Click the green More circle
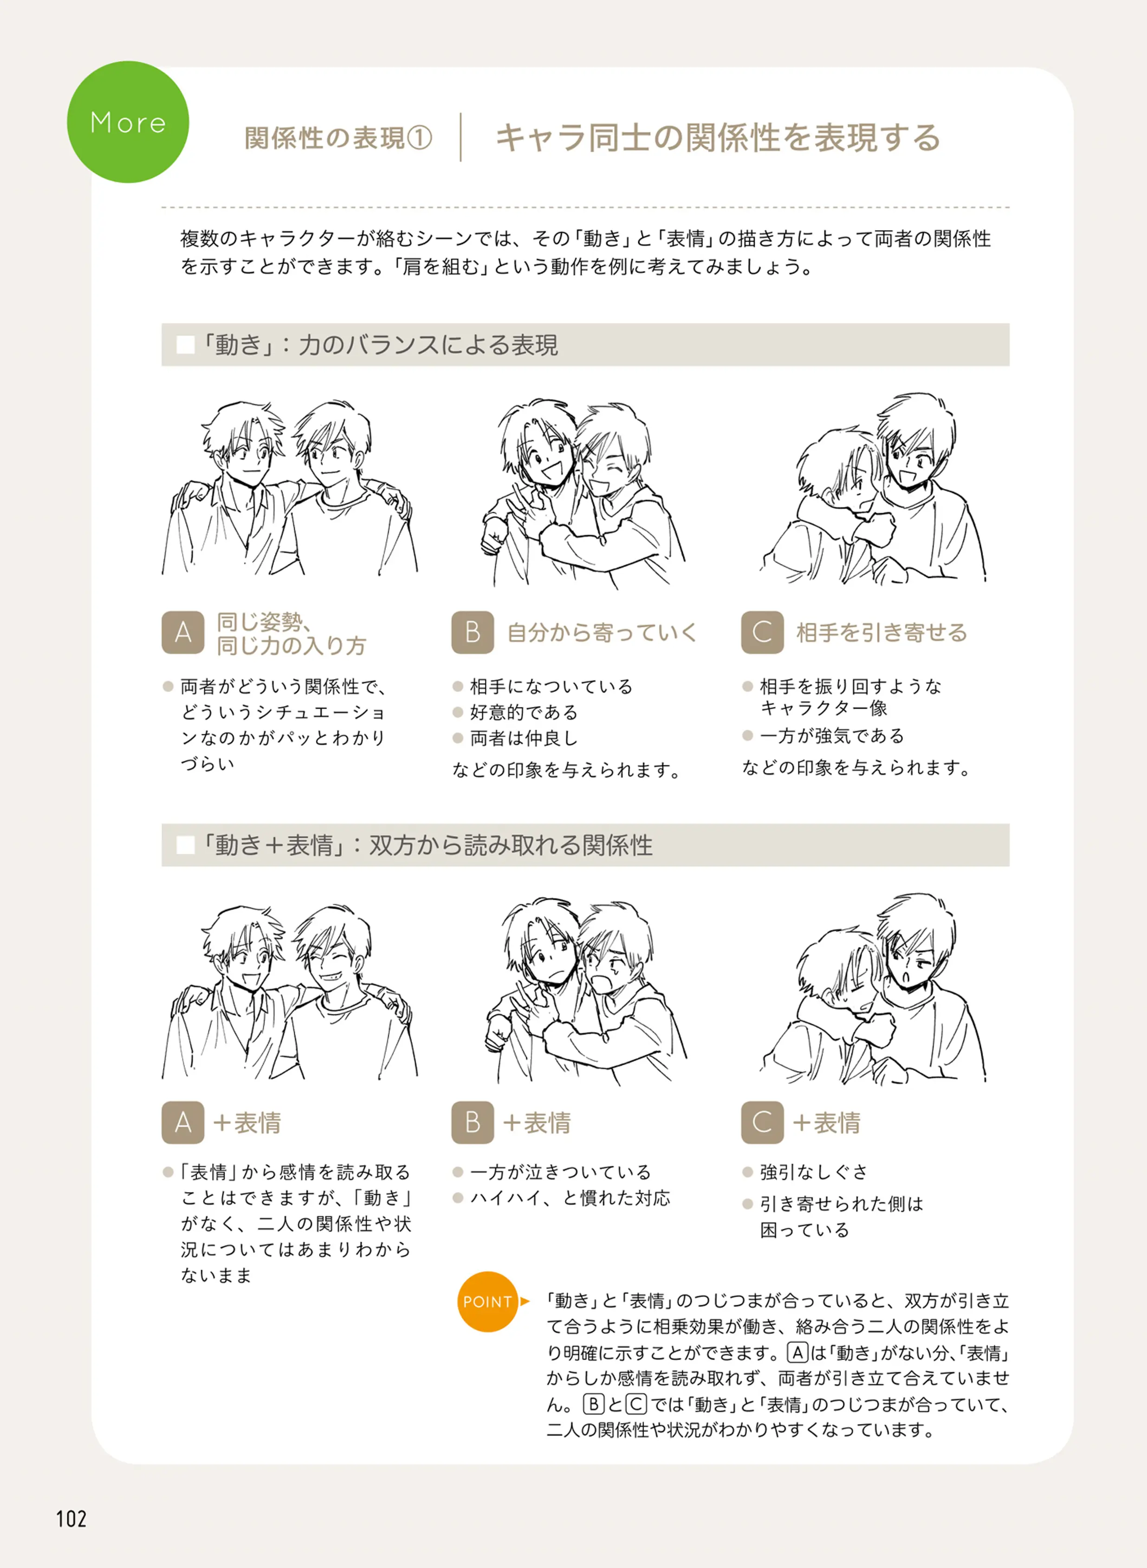pos(128,122)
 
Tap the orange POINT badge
pos(487,1302)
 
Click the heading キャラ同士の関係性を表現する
pos(718,137)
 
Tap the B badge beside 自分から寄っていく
pos(473,632)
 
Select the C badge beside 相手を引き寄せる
pos(762,632)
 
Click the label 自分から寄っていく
pos(602,632)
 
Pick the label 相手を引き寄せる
pos(882,632)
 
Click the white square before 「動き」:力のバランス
pos(185,345)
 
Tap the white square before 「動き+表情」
pos(185,845)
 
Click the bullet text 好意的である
pos(524,712)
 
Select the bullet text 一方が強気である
pos(832,735)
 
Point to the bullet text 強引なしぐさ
pos(814,1172)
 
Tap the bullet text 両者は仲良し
pos(524,738)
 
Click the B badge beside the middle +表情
pos(473,1123)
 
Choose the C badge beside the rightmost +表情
pos(762,1123)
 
